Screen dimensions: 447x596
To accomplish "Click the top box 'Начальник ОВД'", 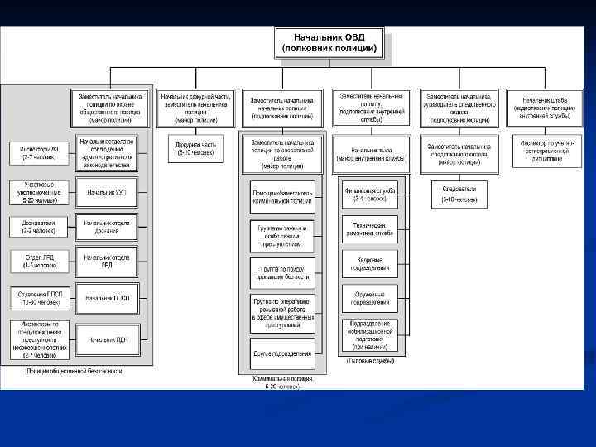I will [329, 42].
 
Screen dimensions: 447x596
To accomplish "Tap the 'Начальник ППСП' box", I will [107, 297].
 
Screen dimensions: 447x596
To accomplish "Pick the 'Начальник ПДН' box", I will [107, 339].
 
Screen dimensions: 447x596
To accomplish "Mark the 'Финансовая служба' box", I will [370, 195].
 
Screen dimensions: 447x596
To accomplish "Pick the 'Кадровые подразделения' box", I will [370, 262].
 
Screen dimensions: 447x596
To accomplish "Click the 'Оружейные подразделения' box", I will [370, 296].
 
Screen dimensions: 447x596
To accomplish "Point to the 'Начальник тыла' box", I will [370, 151].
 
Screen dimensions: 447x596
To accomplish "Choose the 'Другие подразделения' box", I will [282, 353].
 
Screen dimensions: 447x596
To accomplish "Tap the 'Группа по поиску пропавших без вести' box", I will [282, 272].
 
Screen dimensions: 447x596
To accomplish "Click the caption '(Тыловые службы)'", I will [370, 361].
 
